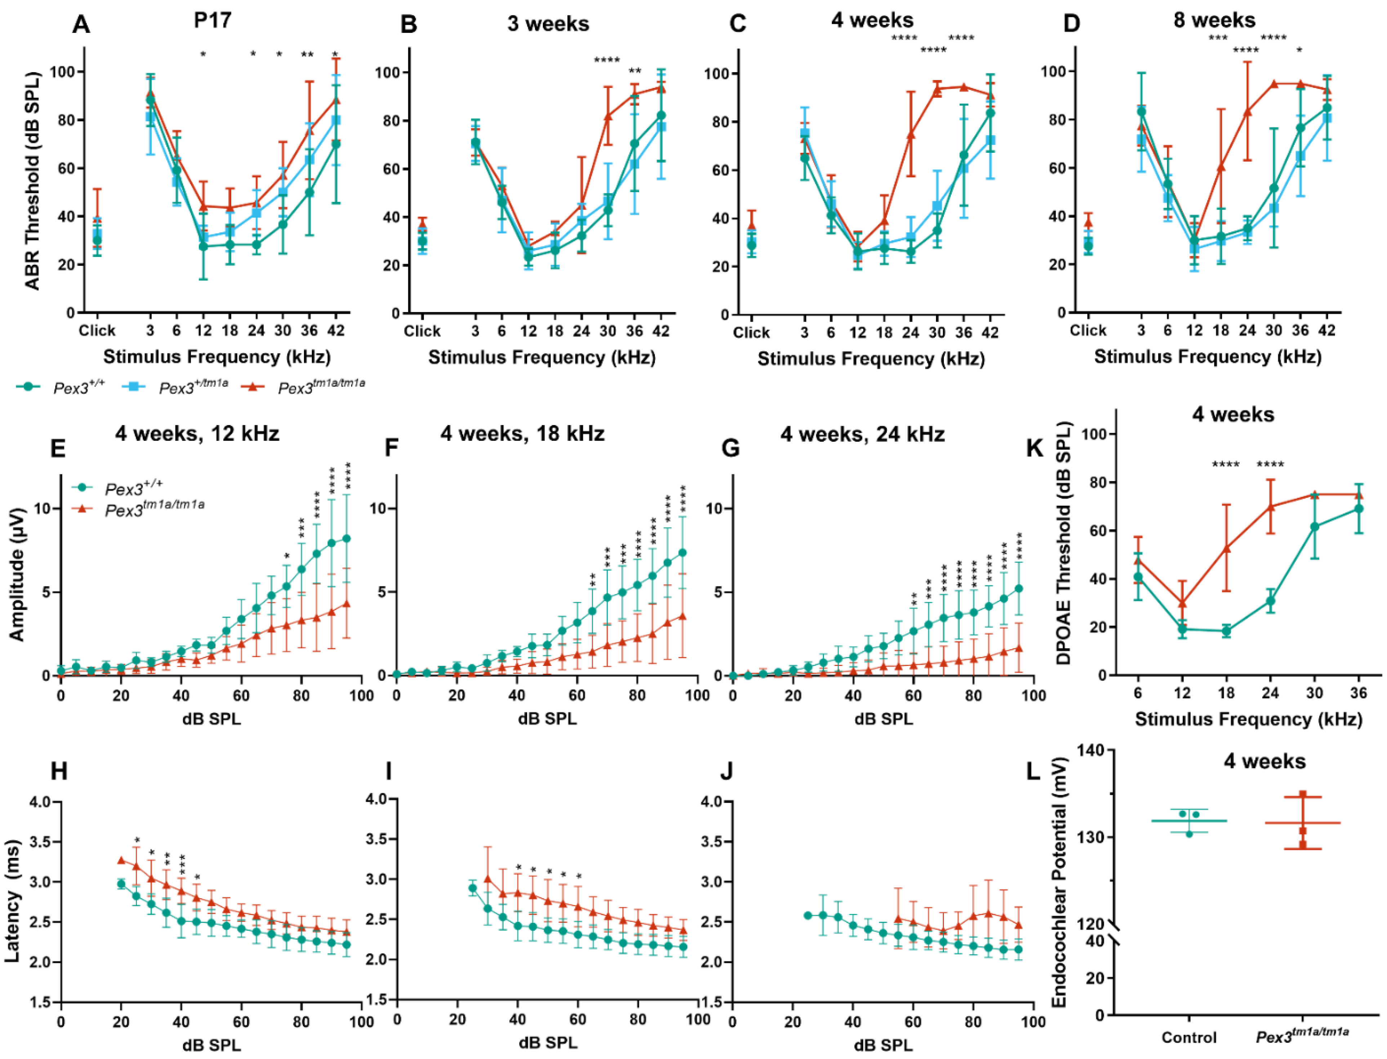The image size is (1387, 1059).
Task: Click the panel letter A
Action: pos(81,25)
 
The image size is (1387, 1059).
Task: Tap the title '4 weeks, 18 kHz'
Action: pos(522,434)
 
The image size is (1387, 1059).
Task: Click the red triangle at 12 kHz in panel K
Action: pos(1182,603)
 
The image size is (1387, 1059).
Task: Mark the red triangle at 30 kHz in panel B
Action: pos(608,117)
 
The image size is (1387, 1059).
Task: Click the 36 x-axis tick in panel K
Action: pos(1358,693)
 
